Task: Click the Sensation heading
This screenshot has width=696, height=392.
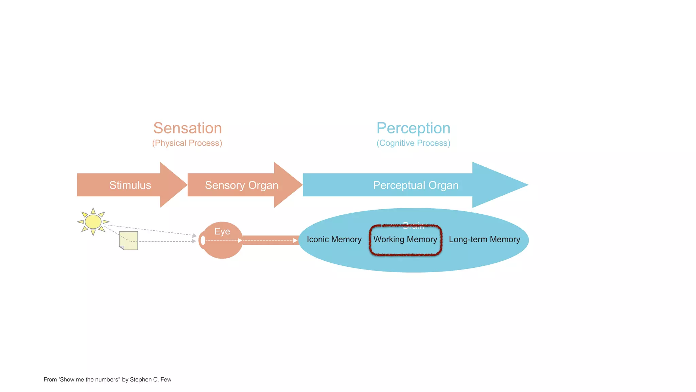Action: [x=187, y=128]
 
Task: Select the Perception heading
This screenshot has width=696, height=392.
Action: [x=413, y=128]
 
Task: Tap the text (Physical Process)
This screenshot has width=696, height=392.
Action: [x=187, y=143]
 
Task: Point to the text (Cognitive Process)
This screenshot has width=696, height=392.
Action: [x=413, y=143]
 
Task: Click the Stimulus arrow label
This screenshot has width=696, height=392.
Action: [x=130, y=185]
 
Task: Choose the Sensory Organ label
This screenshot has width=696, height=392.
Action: [x=242, y=185]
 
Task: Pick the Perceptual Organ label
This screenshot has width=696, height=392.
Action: [x=416, y=185]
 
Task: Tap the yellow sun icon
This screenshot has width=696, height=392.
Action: [x=93, y=222]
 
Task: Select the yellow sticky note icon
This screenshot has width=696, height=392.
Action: [x=129, y=241]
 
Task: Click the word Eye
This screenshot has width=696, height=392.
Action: [x=222, y=231]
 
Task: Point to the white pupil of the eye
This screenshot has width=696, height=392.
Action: [x=203, y=240]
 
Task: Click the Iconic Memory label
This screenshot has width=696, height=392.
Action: [x=334, y=239]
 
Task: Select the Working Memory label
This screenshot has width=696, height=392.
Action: [x=405, y=239]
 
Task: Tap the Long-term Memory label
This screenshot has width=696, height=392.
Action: [x=484, y=239]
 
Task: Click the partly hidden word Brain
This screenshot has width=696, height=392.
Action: [x=413, y=225]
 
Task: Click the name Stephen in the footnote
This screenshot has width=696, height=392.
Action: [x=140, y=379]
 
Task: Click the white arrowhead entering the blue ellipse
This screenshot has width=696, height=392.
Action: [x=295, y=240]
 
